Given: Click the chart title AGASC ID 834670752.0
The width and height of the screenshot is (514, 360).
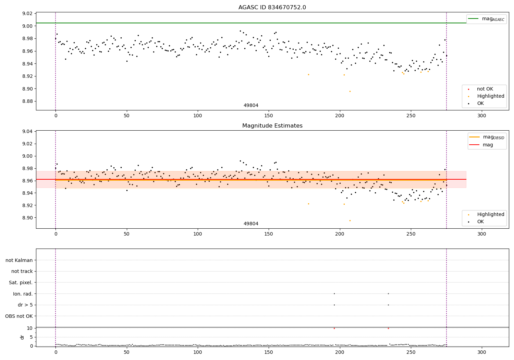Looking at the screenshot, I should point(272,8).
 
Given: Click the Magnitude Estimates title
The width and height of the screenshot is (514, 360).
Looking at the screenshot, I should point(272,126).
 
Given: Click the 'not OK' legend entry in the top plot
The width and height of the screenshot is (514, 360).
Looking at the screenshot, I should point(485,89).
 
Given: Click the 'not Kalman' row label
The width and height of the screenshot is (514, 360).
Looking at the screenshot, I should point(19,260).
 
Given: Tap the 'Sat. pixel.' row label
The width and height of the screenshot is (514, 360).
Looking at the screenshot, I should point(21,283).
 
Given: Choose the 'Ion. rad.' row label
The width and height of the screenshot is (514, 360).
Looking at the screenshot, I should point(23,294).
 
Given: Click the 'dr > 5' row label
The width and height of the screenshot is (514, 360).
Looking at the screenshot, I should point(25,305).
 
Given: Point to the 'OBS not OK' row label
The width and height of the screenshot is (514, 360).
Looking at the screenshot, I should point(19,316).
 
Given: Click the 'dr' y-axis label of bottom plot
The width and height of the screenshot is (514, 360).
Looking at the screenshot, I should point(22,337).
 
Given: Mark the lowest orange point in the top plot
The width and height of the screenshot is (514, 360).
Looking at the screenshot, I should point(350,91).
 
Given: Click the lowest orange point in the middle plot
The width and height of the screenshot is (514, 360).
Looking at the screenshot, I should point(350,220).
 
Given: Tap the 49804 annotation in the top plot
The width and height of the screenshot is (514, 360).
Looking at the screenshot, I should point(251,106).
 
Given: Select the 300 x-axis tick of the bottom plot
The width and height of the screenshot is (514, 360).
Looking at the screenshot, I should point(481,352).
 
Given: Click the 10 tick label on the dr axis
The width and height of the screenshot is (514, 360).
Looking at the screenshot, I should point(29,328).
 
